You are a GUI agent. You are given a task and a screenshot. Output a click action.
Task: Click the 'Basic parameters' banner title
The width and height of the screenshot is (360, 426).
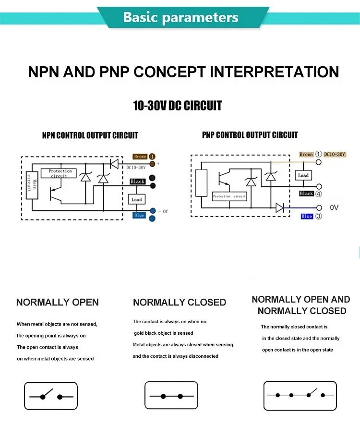click(x=180, y=17)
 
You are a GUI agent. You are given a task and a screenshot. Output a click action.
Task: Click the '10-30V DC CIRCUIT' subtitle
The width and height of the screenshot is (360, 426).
click(x=177, y=106)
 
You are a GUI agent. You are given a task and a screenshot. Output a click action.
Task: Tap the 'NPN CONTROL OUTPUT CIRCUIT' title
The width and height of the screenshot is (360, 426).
click(x=90, y=135)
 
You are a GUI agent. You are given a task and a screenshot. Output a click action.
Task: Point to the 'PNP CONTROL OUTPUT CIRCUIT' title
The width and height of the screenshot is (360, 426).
click(x=250, y=135)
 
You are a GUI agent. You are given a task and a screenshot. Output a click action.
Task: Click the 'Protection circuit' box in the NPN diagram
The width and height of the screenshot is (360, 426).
click(x=60, y=173)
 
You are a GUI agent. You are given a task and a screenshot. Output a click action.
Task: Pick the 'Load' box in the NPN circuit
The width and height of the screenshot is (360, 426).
click(x=137, y=199)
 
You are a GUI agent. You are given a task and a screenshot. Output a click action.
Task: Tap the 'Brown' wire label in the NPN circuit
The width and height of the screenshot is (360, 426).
click(x=140, y=157)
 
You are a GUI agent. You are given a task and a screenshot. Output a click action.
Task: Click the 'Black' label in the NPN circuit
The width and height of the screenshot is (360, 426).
click(x=137, y=182)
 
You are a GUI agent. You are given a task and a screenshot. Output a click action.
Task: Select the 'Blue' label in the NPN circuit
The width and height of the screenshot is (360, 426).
click(x=139, y=216)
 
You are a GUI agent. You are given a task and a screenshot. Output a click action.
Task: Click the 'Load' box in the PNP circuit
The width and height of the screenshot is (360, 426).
click(x=303, y=176)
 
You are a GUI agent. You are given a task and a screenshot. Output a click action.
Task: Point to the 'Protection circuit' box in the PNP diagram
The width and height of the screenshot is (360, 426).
click(x=229, y=196)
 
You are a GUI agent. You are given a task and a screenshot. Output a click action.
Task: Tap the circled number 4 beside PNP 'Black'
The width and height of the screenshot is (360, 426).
click(x=318, y=194)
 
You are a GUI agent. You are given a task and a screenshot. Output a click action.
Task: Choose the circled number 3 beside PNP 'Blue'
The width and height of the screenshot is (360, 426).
click(x=318, y=217)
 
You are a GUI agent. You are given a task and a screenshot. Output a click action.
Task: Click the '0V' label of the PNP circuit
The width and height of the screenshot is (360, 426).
click(x=335, y=207)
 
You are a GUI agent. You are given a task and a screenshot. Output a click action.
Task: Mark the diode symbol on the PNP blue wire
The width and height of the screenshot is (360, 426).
click(x=280, y=207)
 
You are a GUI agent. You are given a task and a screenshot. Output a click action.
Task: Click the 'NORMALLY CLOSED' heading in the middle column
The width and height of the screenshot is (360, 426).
click(x=180, y=303)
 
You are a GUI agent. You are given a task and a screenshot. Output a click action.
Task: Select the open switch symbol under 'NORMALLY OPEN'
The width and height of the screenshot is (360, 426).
click(x=51, y=396)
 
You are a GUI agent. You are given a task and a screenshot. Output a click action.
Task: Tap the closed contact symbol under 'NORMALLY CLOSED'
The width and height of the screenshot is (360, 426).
click(x=171, y=396)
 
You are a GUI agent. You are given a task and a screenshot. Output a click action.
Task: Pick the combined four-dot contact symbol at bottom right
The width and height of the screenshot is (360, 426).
click(x=300, y=395)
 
